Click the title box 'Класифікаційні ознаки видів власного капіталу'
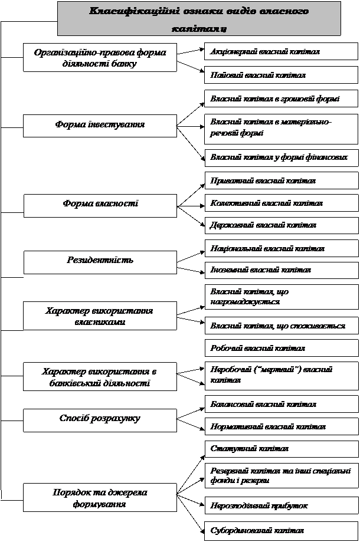pyautogui.click(x=199, y=19)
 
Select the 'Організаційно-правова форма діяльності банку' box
pyautogui.click(x=100, y=58)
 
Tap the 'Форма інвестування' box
pyautogui.click(x=100, y=125)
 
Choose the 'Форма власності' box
pyautogui.click(x=100, y=204)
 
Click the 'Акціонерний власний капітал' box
pyautogui.click(x=281, y=52)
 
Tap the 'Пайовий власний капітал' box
pyautogui.click(x=281, y=75)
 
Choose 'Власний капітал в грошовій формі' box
pyautogui.click(x=281, y=98)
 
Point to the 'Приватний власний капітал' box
pyautogui.click(x=281, y=180)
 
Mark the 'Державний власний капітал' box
pyautogui.click(x=281, y=225)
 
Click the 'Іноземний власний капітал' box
pyautogui.click(x=281, y=270)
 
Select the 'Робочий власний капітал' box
pyautogui.click(x=281, y=348)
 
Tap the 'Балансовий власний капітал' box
pyautogui.click(x=281, y=405)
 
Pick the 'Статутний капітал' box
pyautogui.click(x=281, y=449)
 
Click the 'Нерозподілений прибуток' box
pyautogui.click(x=281, y=506)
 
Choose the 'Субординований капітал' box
pyautogui.click(x=281, y=530)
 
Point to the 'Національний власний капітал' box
pyautogui.click(x=281, y=249)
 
